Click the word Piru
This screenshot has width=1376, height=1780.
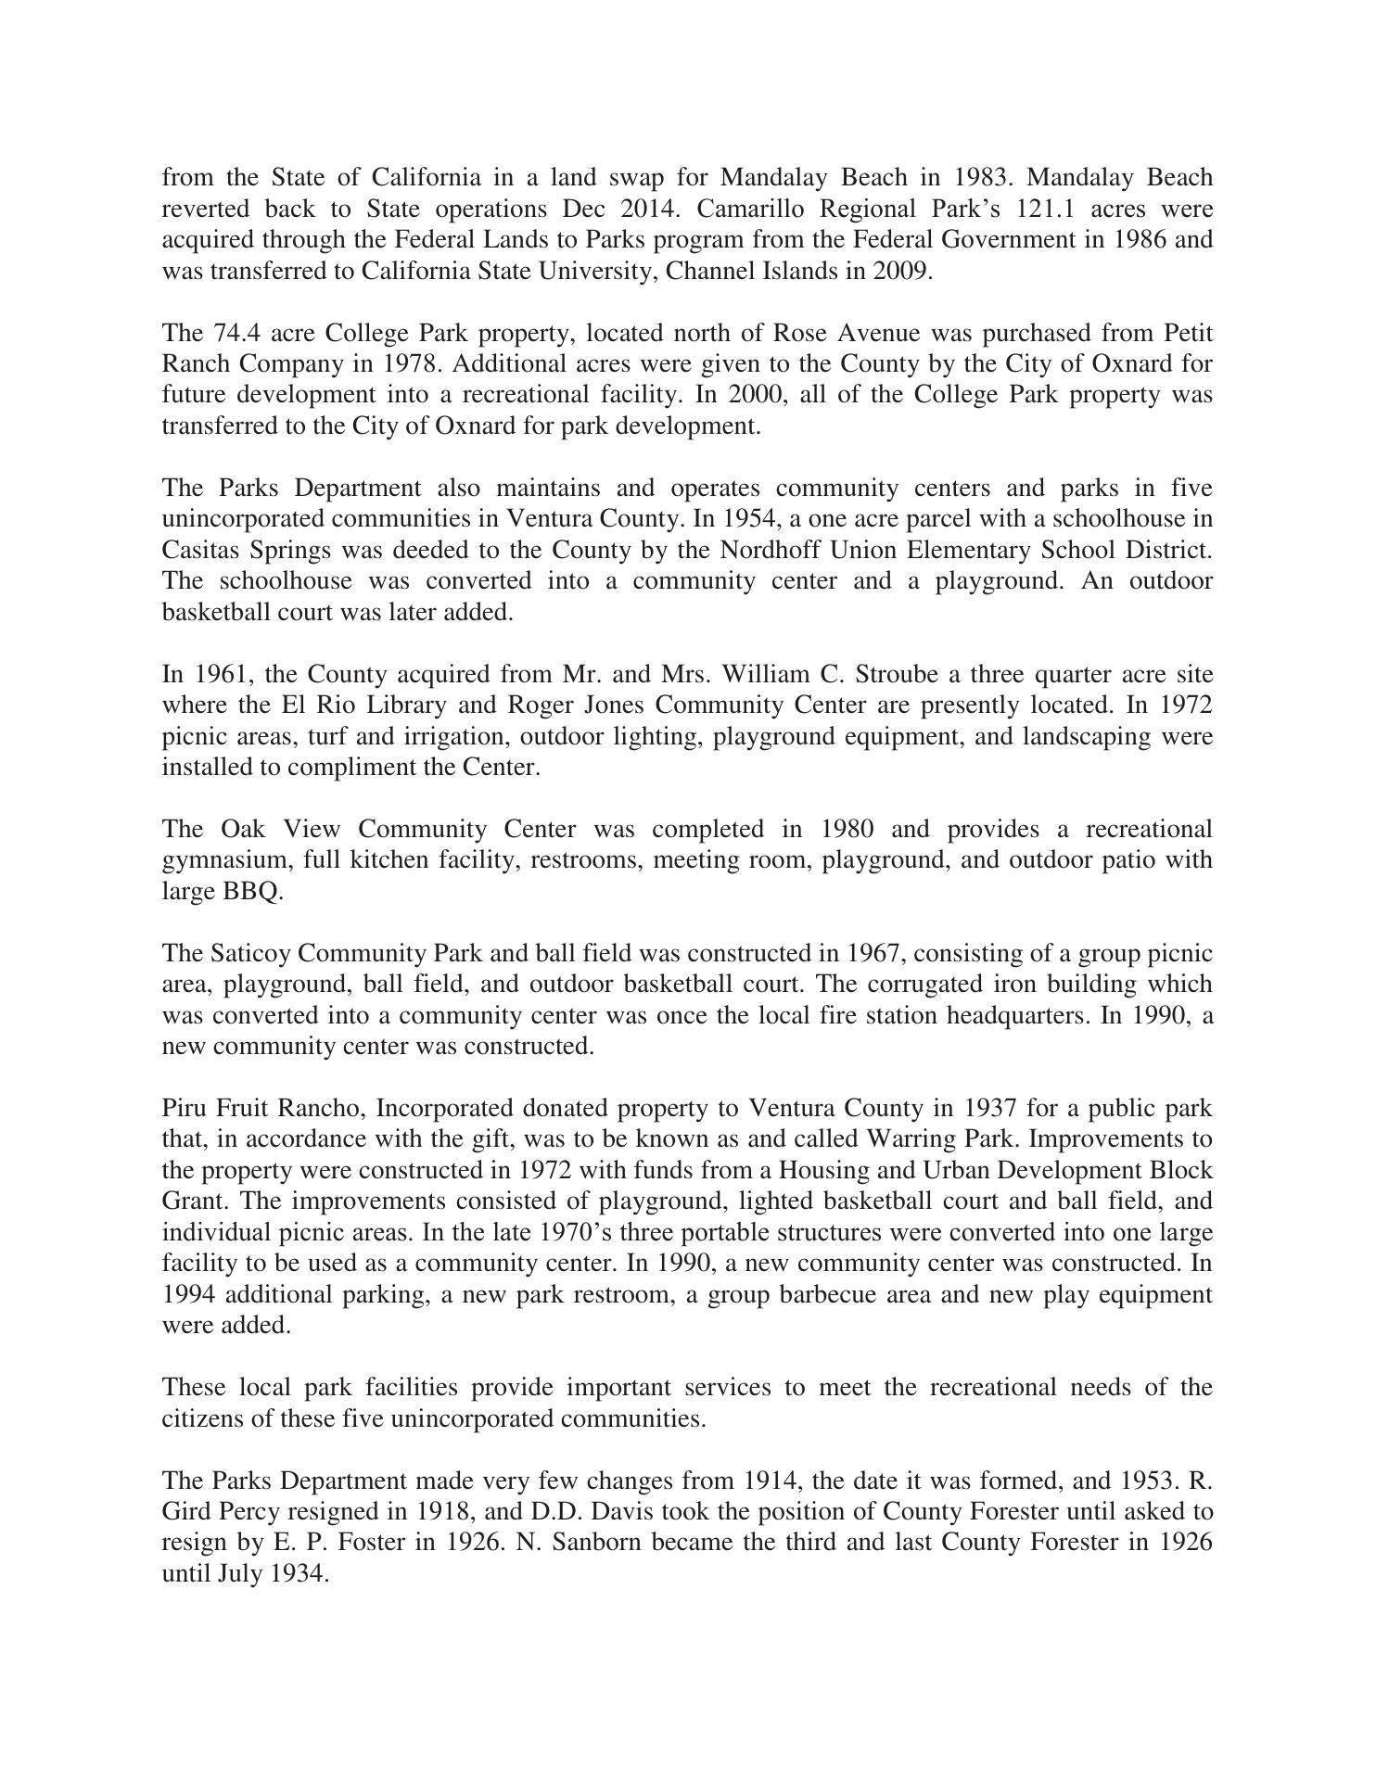click(x=185, y=1109)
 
